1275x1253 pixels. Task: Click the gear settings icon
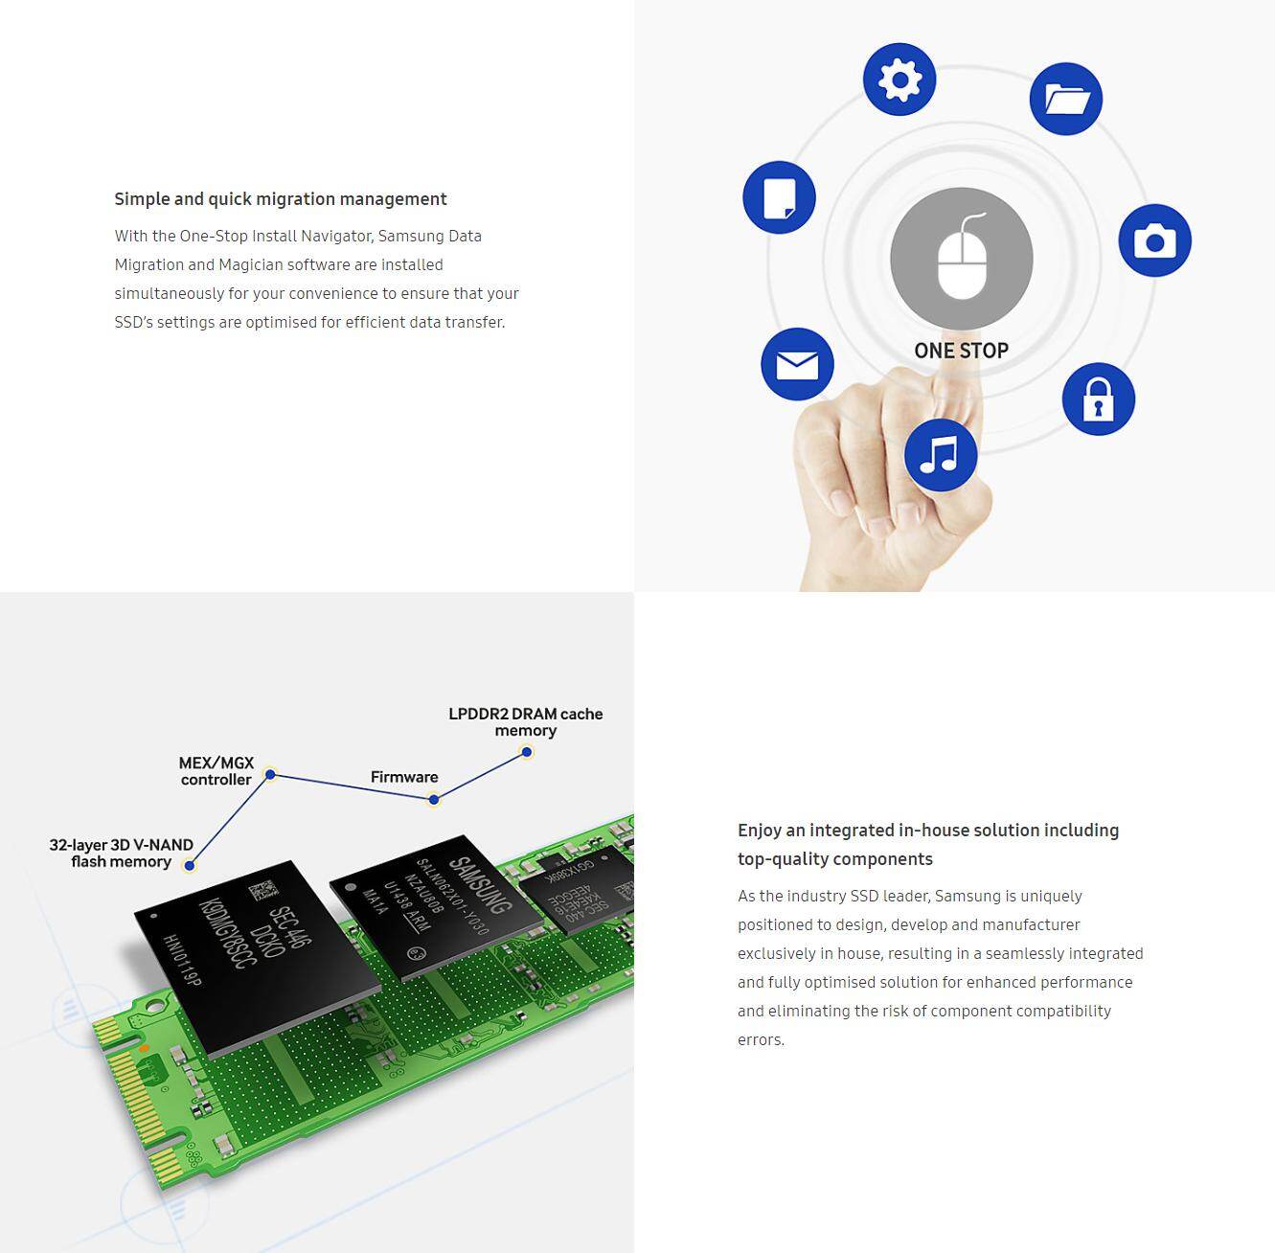[x=899, y=80]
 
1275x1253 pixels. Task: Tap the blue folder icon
[x=1065, y=99]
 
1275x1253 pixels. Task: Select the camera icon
[x=1154, y=240]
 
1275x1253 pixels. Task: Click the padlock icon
[x=1098, y=399]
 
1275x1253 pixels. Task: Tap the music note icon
[x=940, y=455]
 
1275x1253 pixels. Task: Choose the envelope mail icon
[x=797, y=364]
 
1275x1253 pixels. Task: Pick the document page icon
[x=779, y=197]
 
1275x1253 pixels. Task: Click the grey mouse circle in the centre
[x=961, y=259]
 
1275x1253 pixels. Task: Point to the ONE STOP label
[x=961, y=351]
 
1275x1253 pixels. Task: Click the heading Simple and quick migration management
[x=281, y=199]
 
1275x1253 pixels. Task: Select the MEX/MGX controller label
[x=216, y=771]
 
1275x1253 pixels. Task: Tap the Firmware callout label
[x=404, y=777]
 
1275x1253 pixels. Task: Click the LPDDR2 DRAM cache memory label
[x=525, y=722]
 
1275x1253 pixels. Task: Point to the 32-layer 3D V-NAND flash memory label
[x=121, y=853]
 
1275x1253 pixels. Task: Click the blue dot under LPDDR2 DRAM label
[x=527, y=752]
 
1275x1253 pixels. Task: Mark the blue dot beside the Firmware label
[x=434, y=799]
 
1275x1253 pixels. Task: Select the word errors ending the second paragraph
[x=761, y=1040]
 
